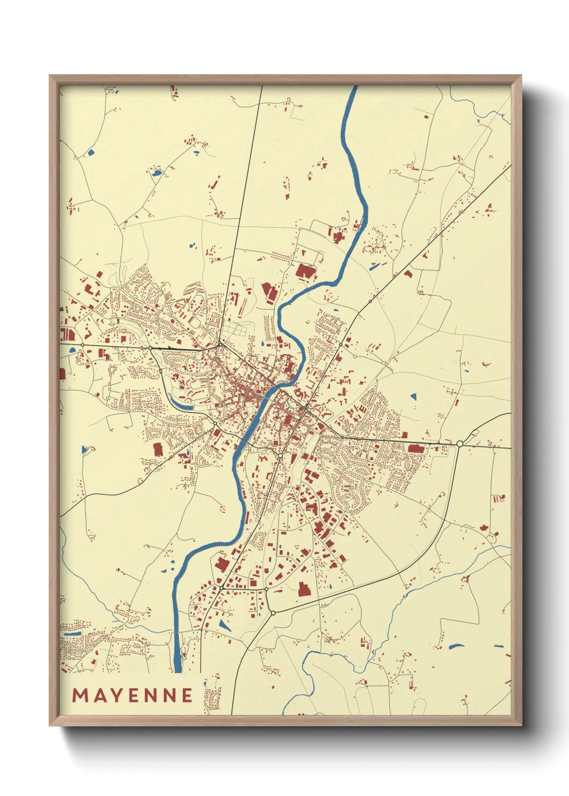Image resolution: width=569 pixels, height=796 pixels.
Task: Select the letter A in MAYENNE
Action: coord(101,695)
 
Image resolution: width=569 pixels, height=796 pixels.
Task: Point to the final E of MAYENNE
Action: coord(187,695)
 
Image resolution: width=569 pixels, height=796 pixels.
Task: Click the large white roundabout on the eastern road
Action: coord(460,443)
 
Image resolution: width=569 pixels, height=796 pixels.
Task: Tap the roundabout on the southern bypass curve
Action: coord(273,613)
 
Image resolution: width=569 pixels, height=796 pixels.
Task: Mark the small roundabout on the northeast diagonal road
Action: coord(370,302)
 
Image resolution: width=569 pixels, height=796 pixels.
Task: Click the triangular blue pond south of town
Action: coord(224,626)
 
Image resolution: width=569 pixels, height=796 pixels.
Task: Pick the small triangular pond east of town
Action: coord(413,397)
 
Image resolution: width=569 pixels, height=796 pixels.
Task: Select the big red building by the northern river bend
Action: coord(304,271)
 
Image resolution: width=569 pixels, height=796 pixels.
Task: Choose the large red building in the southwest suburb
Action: coord(158,449)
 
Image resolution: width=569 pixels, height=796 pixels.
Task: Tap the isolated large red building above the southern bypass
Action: coord(304,589)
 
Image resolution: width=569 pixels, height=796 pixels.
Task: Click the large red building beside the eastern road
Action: coord(415,448)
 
